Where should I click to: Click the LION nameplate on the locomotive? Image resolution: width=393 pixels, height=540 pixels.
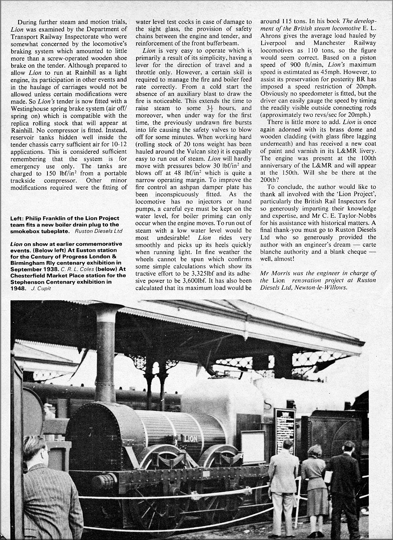190,438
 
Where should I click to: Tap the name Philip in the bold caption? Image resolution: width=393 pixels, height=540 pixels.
34,219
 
